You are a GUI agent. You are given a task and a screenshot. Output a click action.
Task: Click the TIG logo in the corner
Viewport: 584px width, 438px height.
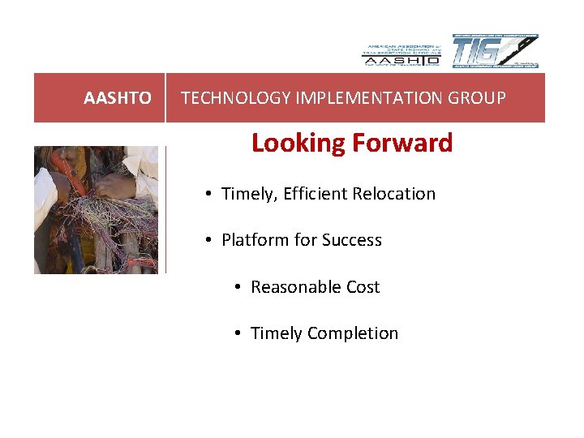495,51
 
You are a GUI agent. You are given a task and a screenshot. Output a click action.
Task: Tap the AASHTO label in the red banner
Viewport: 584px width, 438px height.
118,98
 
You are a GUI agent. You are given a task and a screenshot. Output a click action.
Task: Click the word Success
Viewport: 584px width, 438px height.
351,240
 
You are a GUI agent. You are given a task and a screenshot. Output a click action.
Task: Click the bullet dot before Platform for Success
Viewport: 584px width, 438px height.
208,241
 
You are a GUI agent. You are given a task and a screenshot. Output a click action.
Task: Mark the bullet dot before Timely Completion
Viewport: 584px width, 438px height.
238,334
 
